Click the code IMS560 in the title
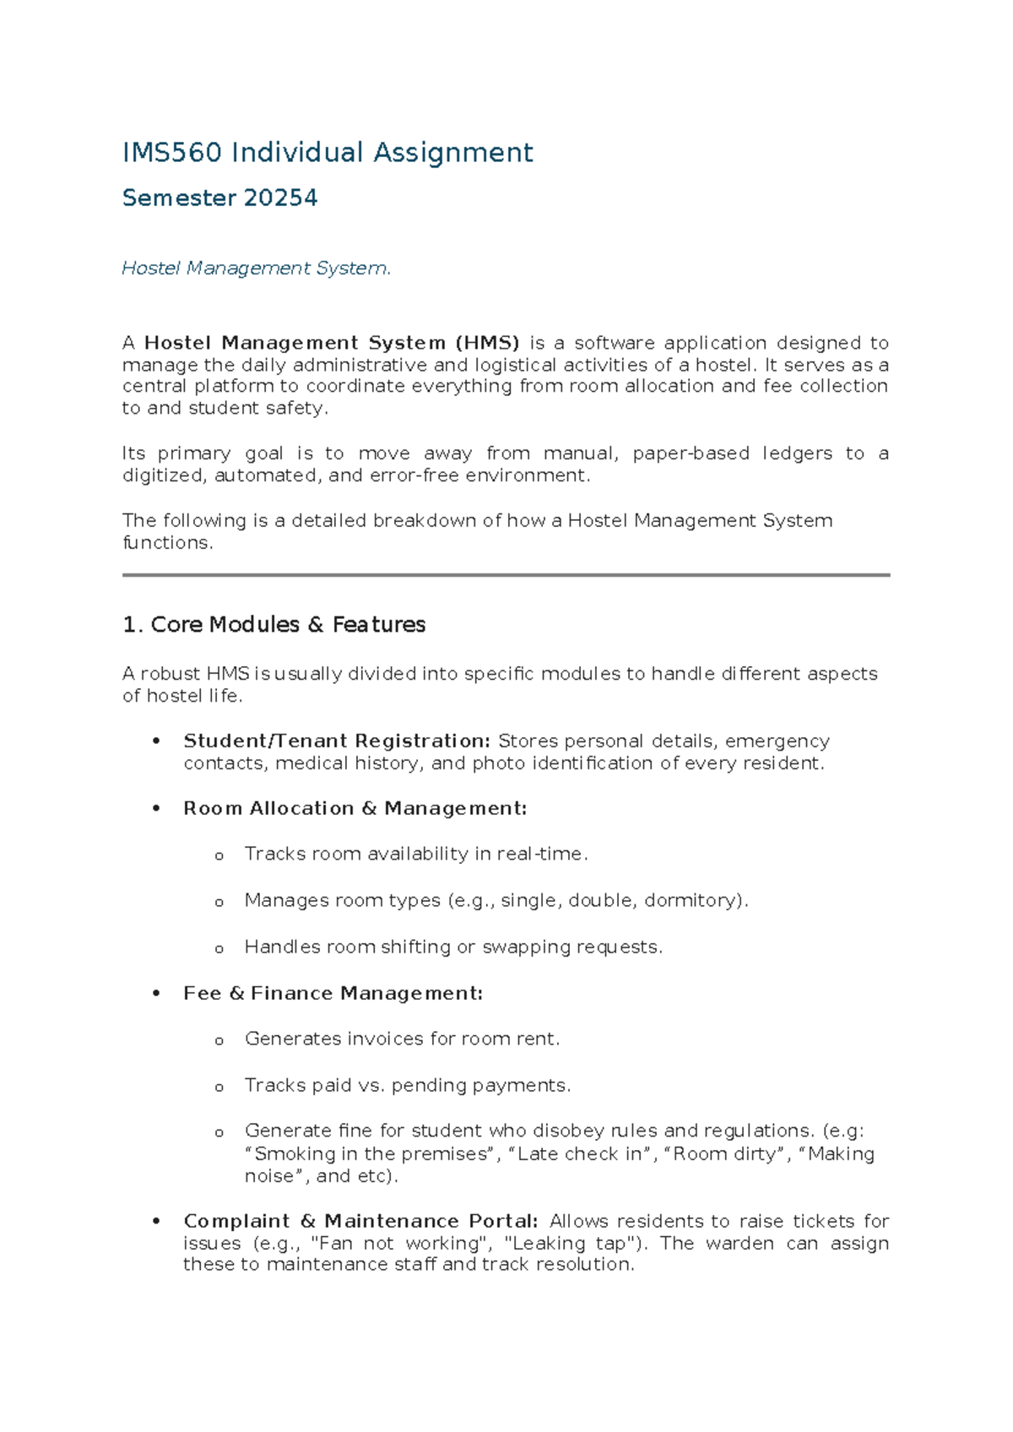172,153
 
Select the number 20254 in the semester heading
280,198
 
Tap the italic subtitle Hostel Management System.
257,268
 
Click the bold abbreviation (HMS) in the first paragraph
487,343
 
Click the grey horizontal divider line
506,575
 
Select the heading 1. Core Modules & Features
274,625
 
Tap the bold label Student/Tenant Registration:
336,741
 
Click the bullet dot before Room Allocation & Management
156,809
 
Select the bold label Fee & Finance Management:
333,994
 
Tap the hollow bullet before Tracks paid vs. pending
219,1088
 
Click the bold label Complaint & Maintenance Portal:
360,1222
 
